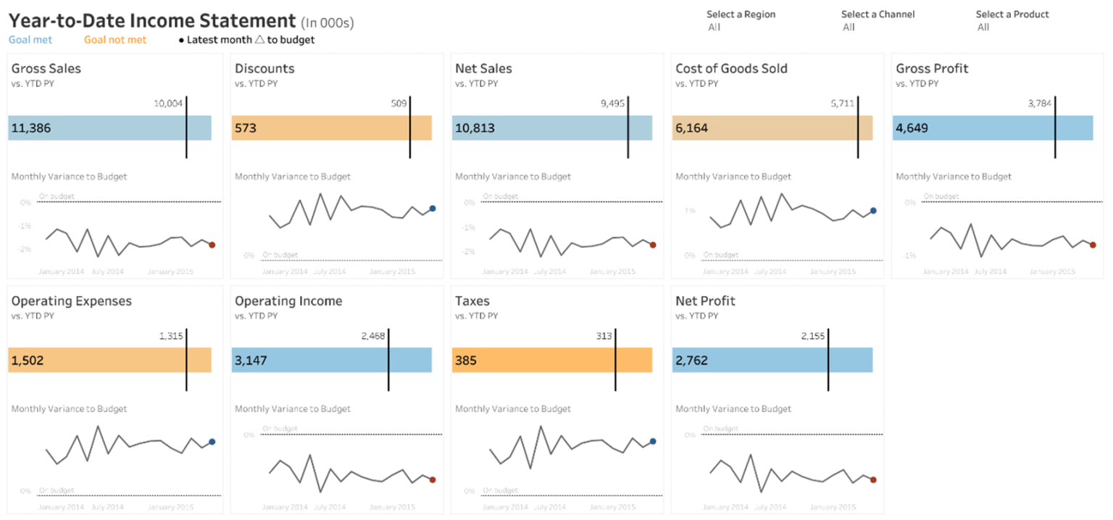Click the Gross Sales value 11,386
(x=30, y=129)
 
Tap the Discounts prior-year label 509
(x=399, y=103)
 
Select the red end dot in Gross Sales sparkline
(x=212, y=245)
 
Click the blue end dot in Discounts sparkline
(x=433, y=209)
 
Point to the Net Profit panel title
(x=705, y=301)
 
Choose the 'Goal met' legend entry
(x=30, y=40)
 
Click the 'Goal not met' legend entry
(x=115, y=40)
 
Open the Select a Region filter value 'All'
(x=714, y=28)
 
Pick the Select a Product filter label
(x=1012, y=14)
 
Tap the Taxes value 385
(x=465, y=361)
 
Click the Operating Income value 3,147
(x=251, y=361)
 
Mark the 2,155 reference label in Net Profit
(x=813, y=336)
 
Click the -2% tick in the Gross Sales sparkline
(x=25, y=250)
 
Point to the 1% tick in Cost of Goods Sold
(x=689, y=211)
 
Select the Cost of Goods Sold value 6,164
(x=692, y=129)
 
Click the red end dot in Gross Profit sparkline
(x=1093, y=245)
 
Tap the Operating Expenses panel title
(x=72, y=301)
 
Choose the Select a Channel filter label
(x=878, y=14)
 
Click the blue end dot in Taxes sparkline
(x=653, y=441)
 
